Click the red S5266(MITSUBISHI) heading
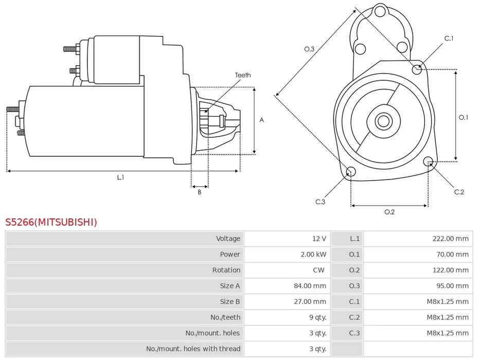(51, 222)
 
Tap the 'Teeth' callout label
(243, 75)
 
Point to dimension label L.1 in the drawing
(120, 177)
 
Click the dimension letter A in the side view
(261, 120)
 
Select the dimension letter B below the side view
(200, 192)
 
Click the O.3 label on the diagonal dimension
(309, 49)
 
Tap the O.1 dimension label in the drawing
(464, 117)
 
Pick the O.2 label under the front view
(389, 212)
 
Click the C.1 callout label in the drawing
(449, 38)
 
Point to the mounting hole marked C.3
(350, 172)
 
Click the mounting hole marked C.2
(428, 162)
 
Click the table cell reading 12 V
(319, 239)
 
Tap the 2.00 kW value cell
(313, 255)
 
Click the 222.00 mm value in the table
(450, 239)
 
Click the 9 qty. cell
(317, 317)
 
